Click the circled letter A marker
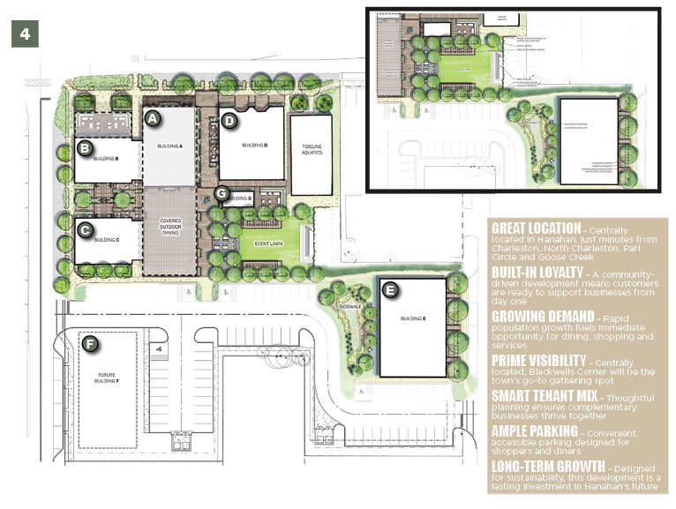152,116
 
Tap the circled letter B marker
85,147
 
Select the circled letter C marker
85,230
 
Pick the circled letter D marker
229,120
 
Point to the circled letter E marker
391,288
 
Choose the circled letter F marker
88,342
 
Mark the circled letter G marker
222,193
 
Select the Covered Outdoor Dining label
169,228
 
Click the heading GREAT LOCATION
536,228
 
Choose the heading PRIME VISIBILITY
538,360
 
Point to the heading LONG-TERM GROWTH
548,465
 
